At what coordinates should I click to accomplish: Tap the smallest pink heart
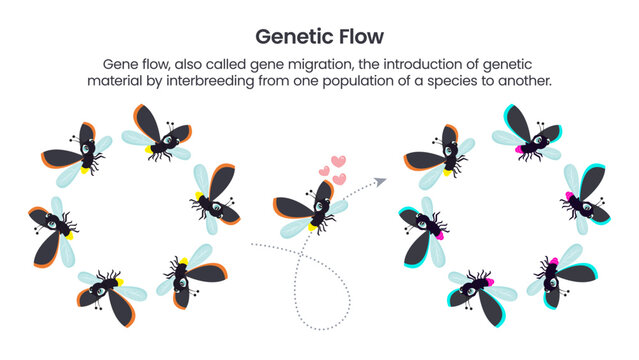pyautogui.click(x=324, y=171)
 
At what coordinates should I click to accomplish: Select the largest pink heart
pyautogui.click(x=338, y=161)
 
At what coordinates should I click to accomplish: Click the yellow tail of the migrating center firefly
pyautogui.click(x=312, y=226)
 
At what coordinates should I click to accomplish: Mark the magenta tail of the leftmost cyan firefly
pyautogui.click(x=438, y=233)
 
